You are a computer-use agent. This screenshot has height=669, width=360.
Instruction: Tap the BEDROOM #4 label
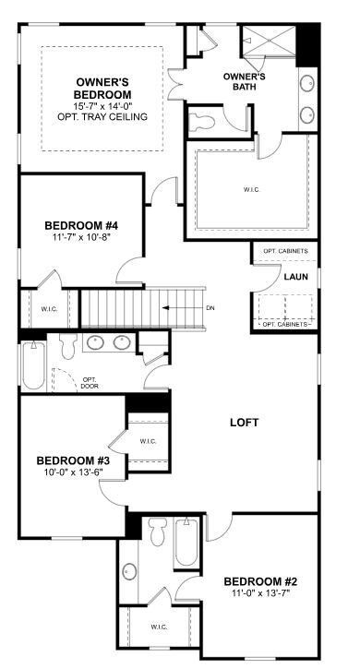(x=80, y=224)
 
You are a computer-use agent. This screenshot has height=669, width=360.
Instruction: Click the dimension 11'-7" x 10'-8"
(x=80, y=238)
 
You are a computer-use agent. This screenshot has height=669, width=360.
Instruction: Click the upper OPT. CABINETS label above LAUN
(x=285, y=251)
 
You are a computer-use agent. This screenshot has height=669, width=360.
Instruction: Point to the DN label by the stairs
(x=210, y=308)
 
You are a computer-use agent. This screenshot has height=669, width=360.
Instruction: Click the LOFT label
(x=244, y=423)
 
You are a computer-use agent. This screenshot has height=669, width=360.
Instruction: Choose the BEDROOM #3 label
(x=73, y=460)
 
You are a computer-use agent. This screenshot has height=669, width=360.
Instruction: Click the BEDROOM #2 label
(x=260, y=581)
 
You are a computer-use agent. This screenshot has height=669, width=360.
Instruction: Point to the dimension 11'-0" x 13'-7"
(x=260, y=595)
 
